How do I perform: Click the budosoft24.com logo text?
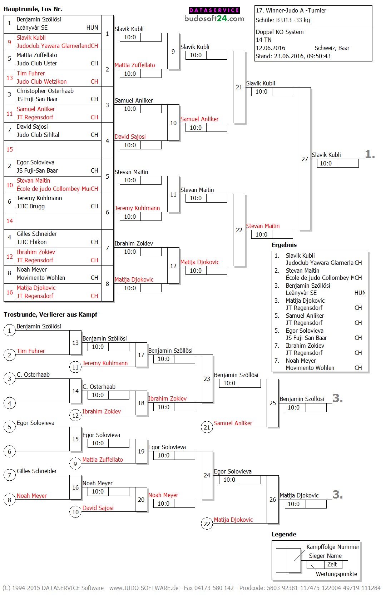coord(214,19)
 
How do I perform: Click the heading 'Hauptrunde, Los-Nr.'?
coord(33,9)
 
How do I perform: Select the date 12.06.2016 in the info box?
coord(271,48)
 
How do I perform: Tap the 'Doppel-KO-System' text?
coord(279,32)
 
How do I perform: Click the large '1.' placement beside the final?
coord(370,154)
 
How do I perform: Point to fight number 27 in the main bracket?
coord(305,159)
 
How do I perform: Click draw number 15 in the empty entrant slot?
coord(10,149)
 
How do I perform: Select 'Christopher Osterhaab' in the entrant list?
coord(45,91)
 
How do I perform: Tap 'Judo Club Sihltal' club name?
coord(38,135)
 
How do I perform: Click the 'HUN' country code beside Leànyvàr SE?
coord(92,28)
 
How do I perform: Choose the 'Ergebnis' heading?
coord(284,245)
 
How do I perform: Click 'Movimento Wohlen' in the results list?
coord(310,368)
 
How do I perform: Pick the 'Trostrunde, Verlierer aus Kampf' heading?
coord(50,314)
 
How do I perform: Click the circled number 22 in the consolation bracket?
coord(207,524)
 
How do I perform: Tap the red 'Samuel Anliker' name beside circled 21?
coord(233,423)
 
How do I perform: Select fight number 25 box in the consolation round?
coord(273,403)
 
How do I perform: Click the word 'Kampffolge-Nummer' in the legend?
coord(333,547)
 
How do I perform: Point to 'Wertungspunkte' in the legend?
coord(336,574)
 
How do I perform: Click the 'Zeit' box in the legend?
coord(332,564)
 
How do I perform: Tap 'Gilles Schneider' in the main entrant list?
coord(37,234)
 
